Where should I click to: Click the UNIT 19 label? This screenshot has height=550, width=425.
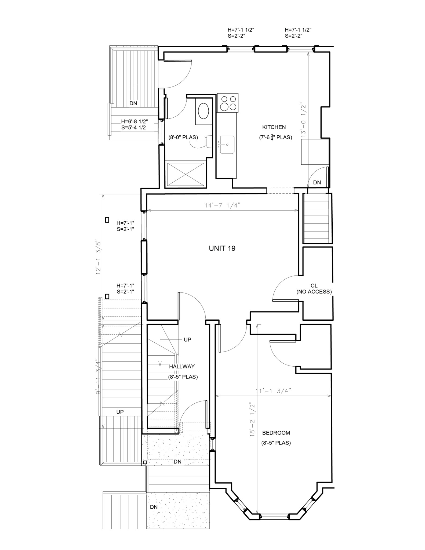222,248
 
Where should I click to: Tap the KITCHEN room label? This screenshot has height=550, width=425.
274,127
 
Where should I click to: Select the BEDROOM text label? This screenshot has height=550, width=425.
276,433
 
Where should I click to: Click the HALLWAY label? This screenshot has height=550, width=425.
182,366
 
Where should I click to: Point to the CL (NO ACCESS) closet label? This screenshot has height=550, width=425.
314,289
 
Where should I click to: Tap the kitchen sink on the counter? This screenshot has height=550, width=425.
227,144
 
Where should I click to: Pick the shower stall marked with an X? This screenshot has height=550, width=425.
186,174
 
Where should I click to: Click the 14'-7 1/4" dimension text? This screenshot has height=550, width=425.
222,205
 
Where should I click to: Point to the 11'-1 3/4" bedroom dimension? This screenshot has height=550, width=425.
273,391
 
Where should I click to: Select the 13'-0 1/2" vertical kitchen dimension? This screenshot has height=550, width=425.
304,120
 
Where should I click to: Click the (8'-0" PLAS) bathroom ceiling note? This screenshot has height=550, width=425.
183,137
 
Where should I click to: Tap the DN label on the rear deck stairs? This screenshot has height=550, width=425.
133,103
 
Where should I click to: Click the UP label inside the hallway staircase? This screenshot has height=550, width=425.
187,339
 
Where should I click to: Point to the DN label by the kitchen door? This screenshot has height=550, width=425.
317,182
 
